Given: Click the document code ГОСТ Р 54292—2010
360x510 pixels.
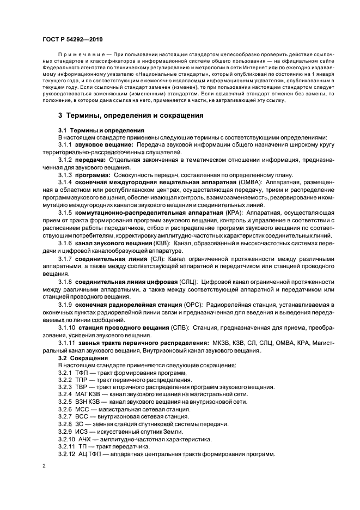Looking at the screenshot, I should click(71, 39).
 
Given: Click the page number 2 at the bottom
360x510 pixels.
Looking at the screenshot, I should click(44, 466).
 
